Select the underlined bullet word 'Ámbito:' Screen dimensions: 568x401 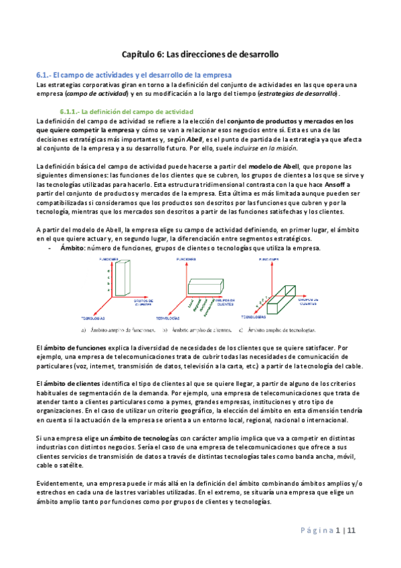(72, 248)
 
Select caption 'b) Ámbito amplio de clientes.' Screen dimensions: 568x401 (197, 329)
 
